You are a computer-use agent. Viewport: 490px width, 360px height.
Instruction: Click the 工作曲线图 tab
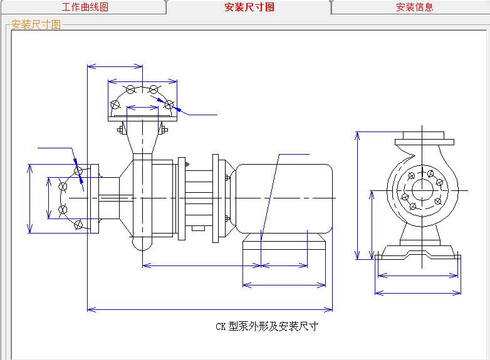85,8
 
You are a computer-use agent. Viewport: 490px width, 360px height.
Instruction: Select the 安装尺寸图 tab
249,8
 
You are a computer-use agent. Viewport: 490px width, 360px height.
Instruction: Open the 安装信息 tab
414,8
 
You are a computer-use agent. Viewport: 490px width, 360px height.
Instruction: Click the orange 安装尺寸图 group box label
36,25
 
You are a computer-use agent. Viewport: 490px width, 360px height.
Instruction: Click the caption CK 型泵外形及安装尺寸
267,326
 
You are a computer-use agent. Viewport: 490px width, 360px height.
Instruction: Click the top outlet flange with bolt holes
142,100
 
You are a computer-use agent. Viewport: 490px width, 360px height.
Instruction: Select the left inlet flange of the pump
95,198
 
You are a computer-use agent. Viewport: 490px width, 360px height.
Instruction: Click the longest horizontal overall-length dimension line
210,309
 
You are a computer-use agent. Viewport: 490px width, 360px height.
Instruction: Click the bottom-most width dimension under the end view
418,292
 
